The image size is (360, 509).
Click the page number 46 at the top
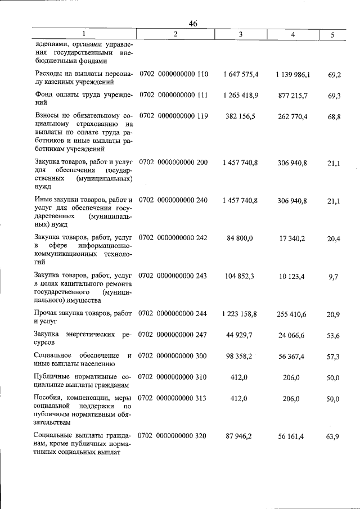point(193,23)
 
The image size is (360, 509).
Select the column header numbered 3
point(240,34)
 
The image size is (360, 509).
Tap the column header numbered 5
point(332,35)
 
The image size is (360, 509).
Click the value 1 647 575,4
point(240,74)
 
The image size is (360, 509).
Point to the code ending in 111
point(173,96)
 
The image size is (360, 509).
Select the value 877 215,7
point(292,96)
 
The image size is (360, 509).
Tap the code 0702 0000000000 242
point(173,238)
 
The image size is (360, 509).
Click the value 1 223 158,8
point(240,314)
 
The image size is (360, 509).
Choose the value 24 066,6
point(292,335)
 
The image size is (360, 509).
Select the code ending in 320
point(173,436)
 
